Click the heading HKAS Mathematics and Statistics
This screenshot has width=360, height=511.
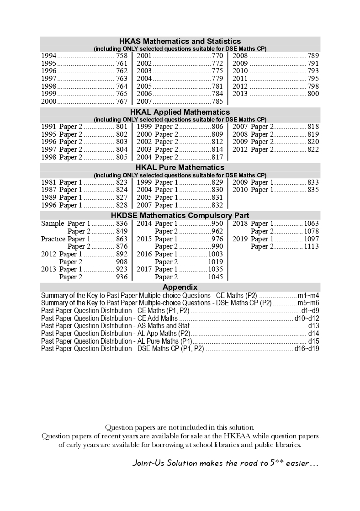tap(180, 41)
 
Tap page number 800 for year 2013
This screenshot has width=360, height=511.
tap(313, 94)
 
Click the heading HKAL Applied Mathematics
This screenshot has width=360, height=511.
tap(180, 112)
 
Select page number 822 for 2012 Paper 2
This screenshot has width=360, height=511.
tap(313, 149)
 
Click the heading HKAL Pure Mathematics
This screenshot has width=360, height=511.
tap(180, 167)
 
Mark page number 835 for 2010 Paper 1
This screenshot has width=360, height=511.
tap(313, 190)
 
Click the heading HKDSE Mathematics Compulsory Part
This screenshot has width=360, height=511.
tap(180, 215)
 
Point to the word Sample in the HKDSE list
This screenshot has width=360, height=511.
tap(53, 224)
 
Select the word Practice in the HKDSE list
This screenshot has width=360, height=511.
tap(53, 239)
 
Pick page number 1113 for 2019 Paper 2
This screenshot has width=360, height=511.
tap(311, 246)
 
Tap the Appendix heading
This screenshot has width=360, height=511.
tap(180, 287)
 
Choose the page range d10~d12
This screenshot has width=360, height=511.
tap(307, 318)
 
